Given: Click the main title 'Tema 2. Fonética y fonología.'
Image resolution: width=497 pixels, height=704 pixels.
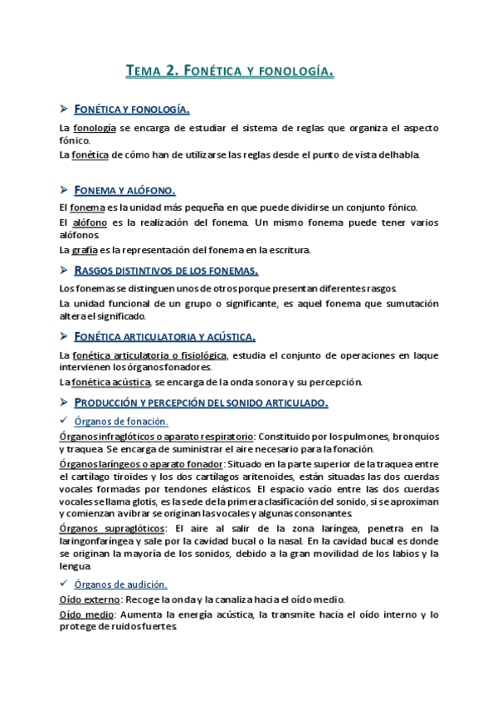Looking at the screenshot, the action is (230, 71).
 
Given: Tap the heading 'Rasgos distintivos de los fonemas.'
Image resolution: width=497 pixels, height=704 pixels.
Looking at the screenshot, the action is (166, 271).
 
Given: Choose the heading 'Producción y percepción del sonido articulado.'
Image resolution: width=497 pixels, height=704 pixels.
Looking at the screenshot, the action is (201, 403).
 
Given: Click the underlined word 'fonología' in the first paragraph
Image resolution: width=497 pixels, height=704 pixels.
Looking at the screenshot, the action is (93, 128).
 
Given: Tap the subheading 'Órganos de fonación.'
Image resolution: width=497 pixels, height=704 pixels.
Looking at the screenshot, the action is (121, 422).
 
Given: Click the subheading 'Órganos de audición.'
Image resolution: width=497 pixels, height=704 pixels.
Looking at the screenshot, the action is (121, 584).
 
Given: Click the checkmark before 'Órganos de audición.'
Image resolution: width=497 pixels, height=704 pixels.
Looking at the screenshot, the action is (64, 583).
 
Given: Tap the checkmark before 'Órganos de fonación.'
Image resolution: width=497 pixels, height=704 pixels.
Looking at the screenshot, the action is (64, 421).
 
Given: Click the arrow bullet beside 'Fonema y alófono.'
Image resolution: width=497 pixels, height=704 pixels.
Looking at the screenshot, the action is (64, 189).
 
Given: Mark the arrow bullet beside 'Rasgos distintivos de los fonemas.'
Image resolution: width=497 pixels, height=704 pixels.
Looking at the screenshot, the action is (64, 271).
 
